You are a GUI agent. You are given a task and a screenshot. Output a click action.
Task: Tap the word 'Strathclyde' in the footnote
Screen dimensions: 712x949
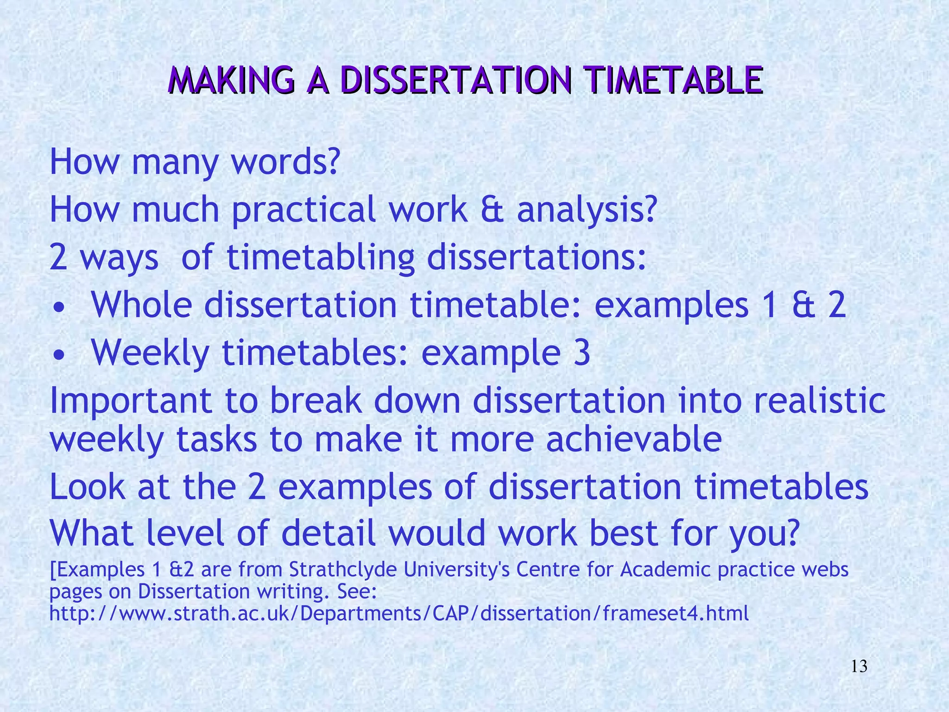pyautogui.click(x=343, y=570)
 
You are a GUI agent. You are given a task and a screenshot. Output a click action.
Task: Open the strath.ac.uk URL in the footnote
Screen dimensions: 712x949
pyautogui.click(x=399, y=614)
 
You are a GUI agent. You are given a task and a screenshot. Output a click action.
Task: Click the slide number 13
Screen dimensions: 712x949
pyautogui.click(x=859, y=667)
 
